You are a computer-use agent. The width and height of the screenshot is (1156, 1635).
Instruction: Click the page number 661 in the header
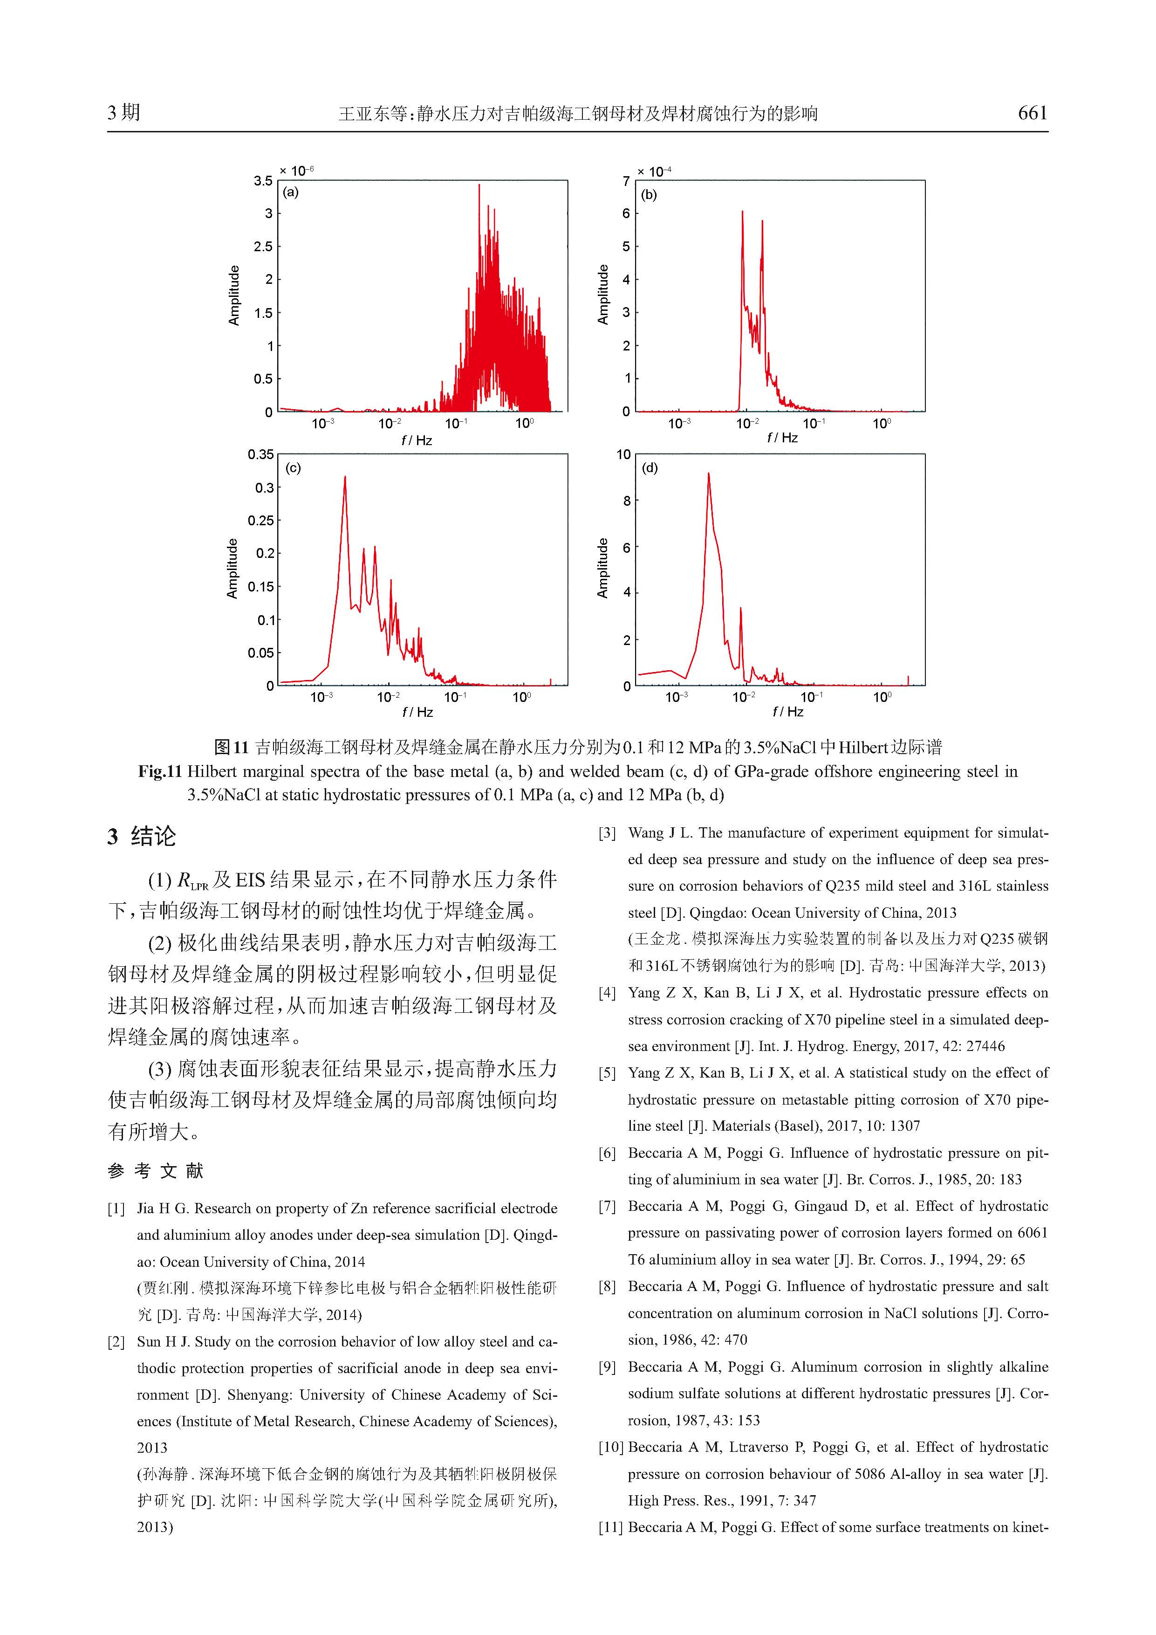point(1032,113)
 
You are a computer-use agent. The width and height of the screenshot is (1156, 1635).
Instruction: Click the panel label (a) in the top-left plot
point(290,192)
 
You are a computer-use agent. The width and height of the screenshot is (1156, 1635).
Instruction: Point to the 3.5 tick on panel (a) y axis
point(263,181)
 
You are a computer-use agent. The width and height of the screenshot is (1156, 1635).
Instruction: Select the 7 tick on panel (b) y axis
point(626,181)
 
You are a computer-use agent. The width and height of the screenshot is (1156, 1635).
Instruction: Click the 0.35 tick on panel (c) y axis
point(260,454)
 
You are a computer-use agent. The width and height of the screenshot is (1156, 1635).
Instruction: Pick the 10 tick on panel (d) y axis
point(623,454)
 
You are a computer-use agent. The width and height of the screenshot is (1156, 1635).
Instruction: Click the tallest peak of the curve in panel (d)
point(708,474)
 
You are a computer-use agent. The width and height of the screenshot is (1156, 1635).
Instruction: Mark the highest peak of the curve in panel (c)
point(345,477)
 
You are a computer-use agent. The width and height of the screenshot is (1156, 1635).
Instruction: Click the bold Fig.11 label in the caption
point(161,772)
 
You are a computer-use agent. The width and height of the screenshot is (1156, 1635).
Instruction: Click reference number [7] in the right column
point(607,1206)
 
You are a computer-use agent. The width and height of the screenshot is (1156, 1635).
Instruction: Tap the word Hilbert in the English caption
point(212,772)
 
